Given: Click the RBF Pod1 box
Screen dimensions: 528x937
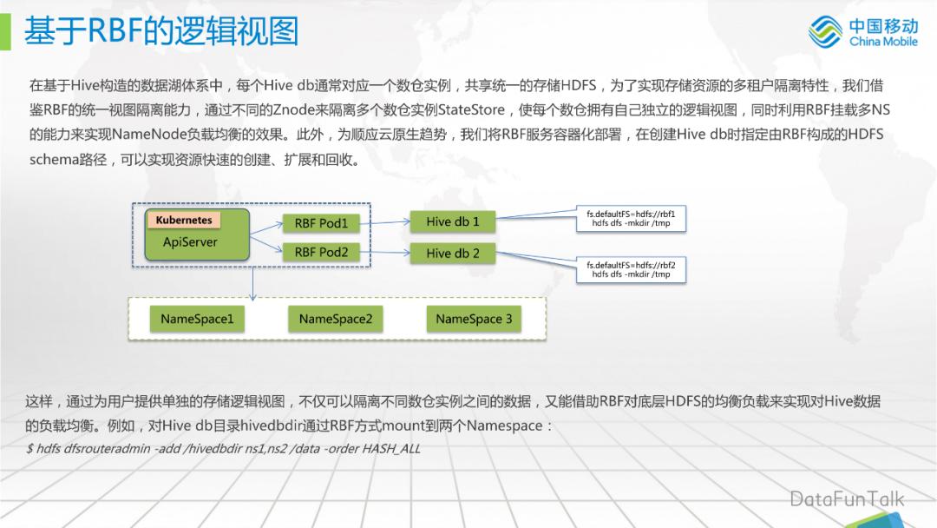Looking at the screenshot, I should tap(321, 223).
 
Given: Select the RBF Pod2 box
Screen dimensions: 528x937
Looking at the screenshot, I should tap(321, 252).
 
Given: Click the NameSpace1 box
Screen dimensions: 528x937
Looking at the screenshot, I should tap(197, 319).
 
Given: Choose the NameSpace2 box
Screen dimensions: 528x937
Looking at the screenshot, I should tap(335, 319).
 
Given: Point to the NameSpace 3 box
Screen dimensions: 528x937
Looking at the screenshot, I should tap(474, 319).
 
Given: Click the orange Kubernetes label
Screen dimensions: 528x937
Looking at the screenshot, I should tap(184, 221).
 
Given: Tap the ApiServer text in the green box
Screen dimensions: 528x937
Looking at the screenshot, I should tap(190, 242).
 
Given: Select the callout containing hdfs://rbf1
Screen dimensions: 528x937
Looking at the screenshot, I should tap(631, 219).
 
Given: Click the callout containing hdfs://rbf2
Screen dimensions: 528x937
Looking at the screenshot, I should tap(631, 269).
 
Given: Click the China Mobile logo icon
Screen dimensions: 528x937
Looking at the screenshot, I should tap(825, 31).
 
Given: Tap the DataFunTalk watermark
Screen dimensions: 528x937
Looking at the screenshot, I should tap(847, 498).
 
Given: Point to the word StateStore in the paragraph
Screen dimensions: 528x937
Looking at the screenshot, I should tap(478, 109).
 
